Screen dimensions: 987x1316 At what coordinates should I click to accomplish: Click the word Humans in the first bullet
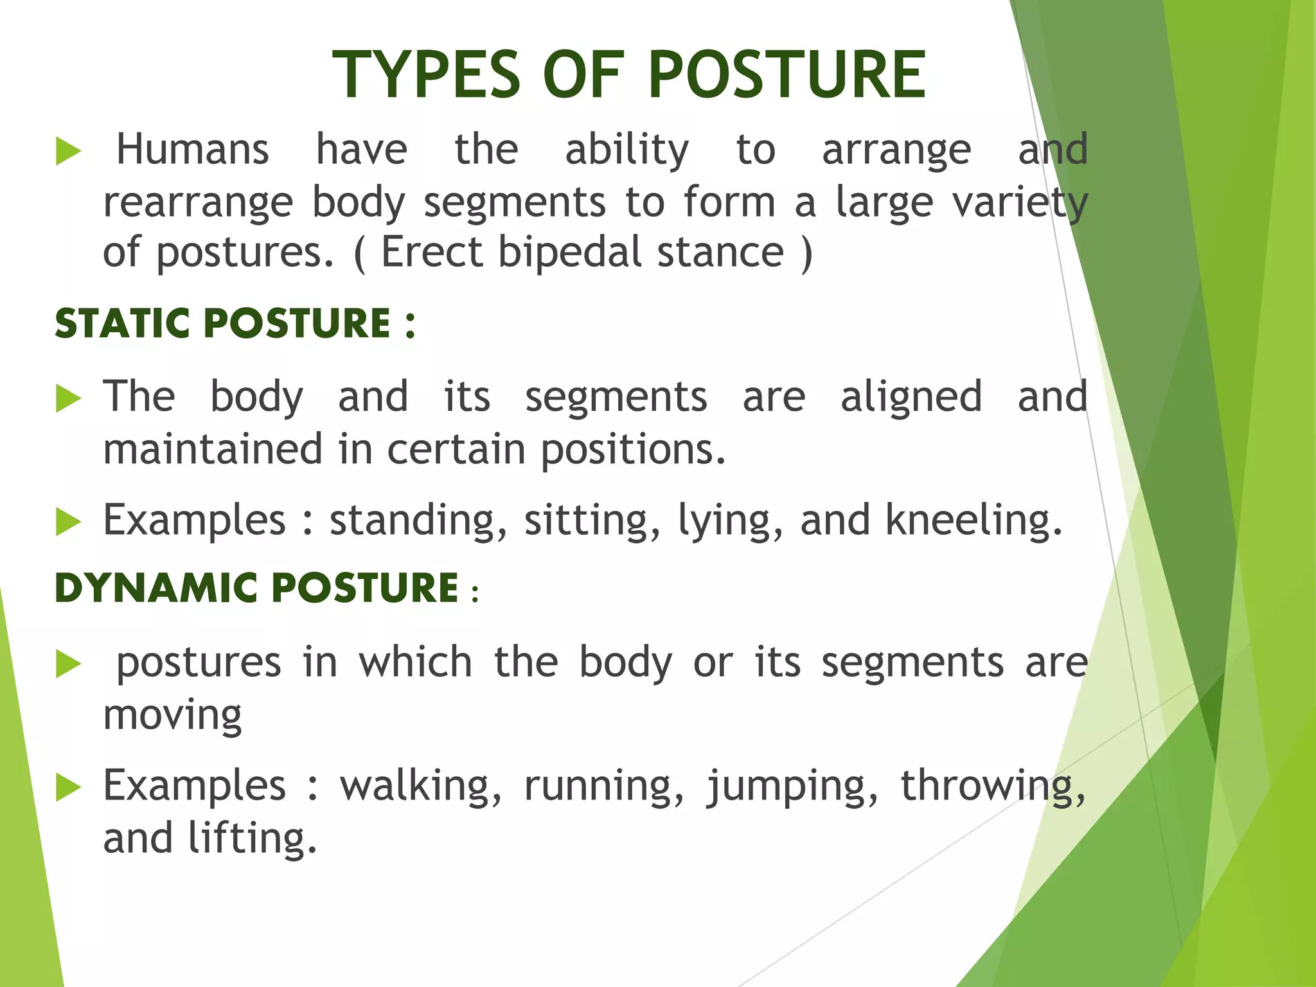point(192,150)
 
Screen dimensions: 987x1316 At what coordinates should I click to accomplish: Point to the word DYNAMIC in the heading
point(160,587)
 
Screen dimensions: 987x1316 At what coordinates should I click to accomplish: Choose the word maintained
point(213,449)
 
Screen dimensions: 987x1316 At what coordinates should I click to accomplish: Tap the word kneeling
point(974,520)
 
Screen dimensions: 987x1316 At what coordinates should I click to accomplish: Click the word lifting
point(253,839)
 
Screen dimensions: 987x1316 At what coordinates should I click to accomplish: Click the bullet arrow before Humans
point(68,152)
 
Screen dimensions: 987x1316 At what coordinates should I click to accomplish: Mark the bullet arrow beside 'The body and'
point(68,398)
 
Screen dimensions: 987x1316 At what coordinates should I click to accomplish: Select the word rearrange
point(198,202)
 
